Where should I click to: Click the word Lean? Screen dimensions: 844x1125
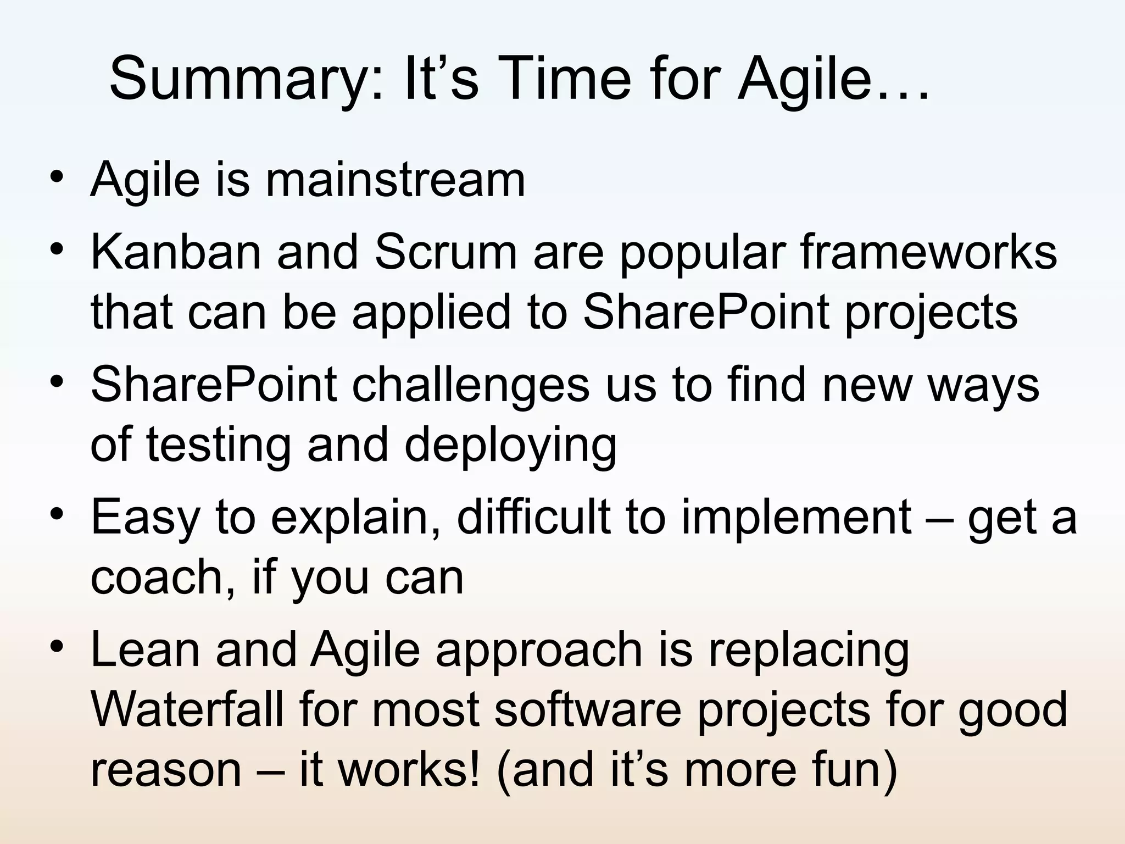coord(146,649)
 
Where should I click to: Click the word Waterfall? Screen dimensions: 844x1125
coord(187,710)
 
